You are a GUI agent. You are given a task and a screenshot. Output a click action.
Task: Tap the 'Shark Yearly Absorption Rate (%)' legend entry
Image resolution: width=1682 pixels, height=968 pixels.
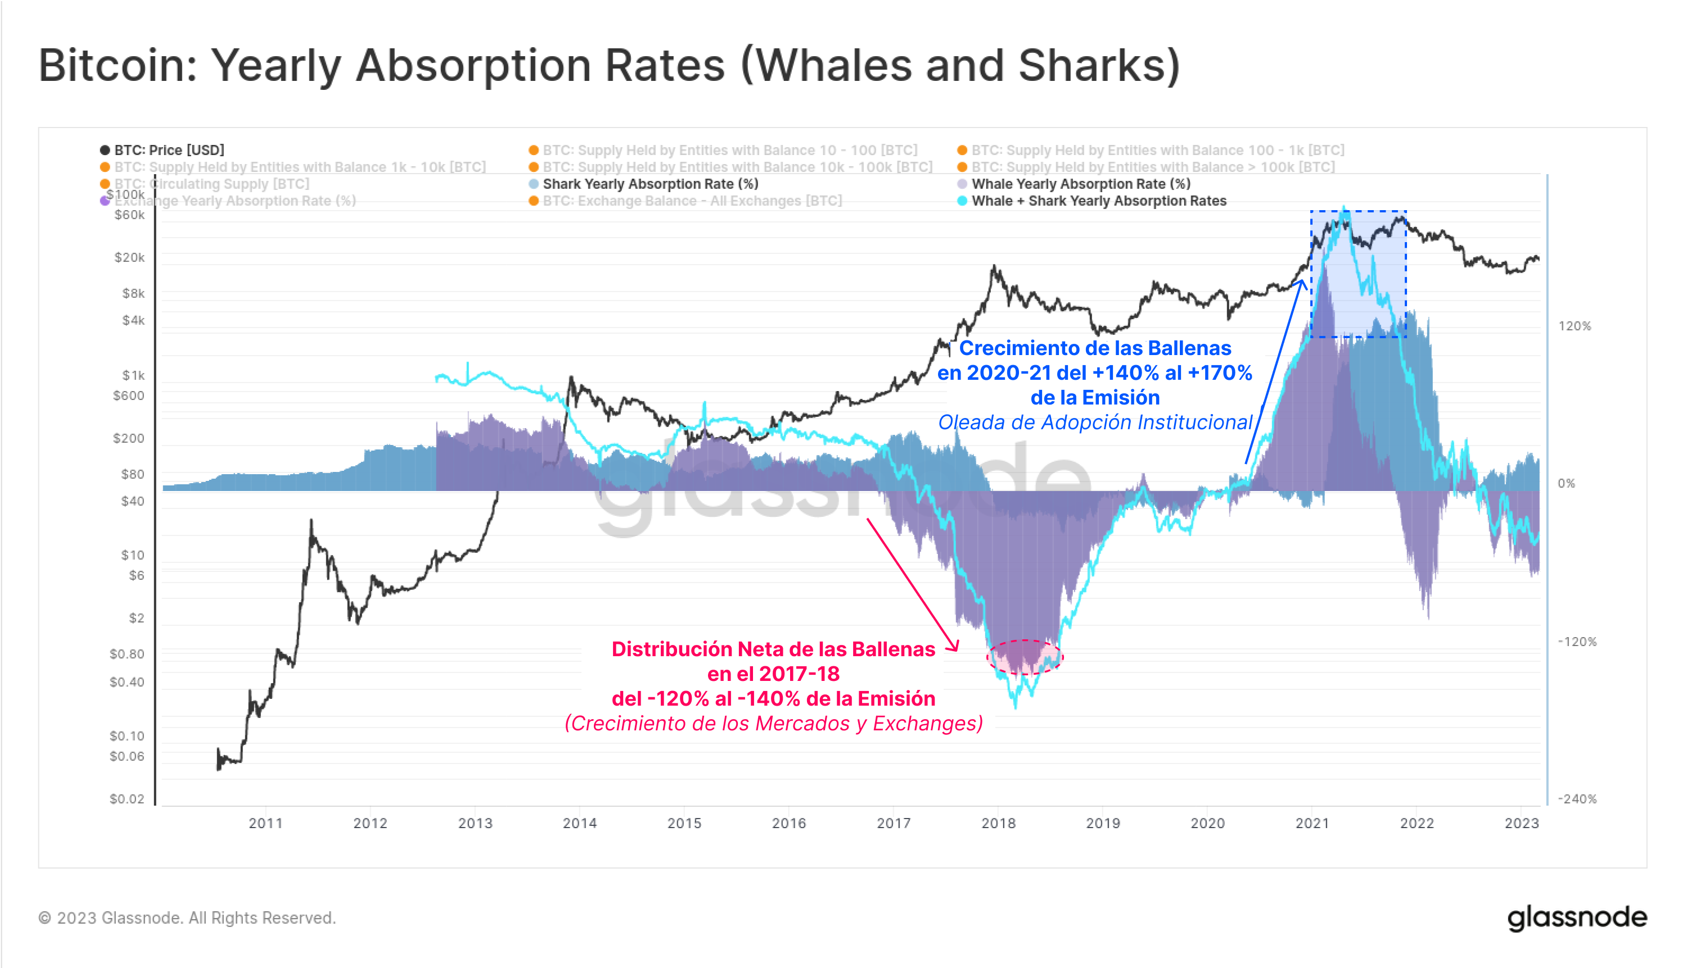tap(650, 184)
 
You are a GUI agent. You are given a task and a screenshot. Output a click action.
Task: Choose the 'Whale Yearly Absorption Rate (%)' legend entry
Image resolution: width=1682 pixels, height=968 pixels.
tap(1080, 184)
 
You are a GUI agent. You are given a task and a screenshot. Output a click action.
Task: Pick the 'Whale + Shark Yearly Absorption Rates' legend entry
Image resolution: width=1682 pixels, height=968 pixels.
tap(1098, 201)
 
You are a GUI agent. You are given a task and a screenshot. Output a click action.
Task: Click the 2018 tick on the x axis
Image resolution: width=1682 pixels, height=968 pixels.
tap(998, 823)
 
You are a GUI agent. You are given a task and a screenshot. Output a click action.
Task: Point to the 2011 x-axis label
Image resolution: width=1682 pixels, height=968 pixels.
tap(265, 823)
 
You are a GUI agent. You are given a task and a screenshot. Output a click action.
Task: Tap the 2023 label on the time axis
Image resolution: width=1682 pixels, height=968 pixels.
tap(1521, 823)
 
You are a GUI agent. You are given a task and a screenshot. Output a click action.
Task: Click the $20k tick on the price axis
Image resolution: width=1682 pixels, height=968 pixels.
tap(129, 257)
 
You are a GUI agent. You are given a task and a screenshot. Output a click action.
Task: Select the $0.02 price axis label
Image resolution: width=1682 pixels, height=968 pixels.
tap(127, 798)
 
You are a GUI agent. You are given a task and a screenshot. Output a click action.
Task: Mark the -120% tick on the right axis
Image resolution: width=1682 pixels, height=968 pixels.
tap(1576, 642)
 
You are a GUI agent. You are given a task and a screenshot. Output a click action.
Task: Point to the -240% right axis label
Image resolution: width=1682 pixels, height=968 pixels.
tap(1576, 798)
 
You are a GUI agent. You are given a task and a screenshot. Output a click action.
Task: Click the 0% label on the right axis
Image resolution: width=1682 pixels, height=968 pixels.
tap(1566, 483)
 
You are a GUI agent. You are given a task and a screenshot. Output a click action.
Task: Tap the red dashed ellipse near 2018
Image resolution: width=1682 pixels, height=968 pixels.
tap(1025, 657)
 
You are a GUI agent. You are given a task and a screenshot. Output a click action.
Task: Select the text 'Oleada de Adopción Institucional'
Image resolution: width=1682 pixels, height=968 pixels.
tap(1095, 422)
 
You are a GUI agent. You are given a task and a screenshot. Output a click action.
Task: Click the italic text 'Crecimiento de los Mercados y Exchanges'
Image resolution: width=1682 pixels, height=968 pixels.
tap(774, 724)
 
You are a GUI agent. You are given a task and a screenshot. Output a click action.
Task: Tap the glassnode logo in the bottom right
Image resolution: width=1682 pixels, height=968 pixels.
tap(1577, 917)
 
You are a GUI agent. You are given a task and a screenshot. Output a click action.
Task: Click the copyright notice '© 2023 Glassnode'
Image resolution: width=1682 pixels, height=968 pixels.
tap(187, 918)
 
